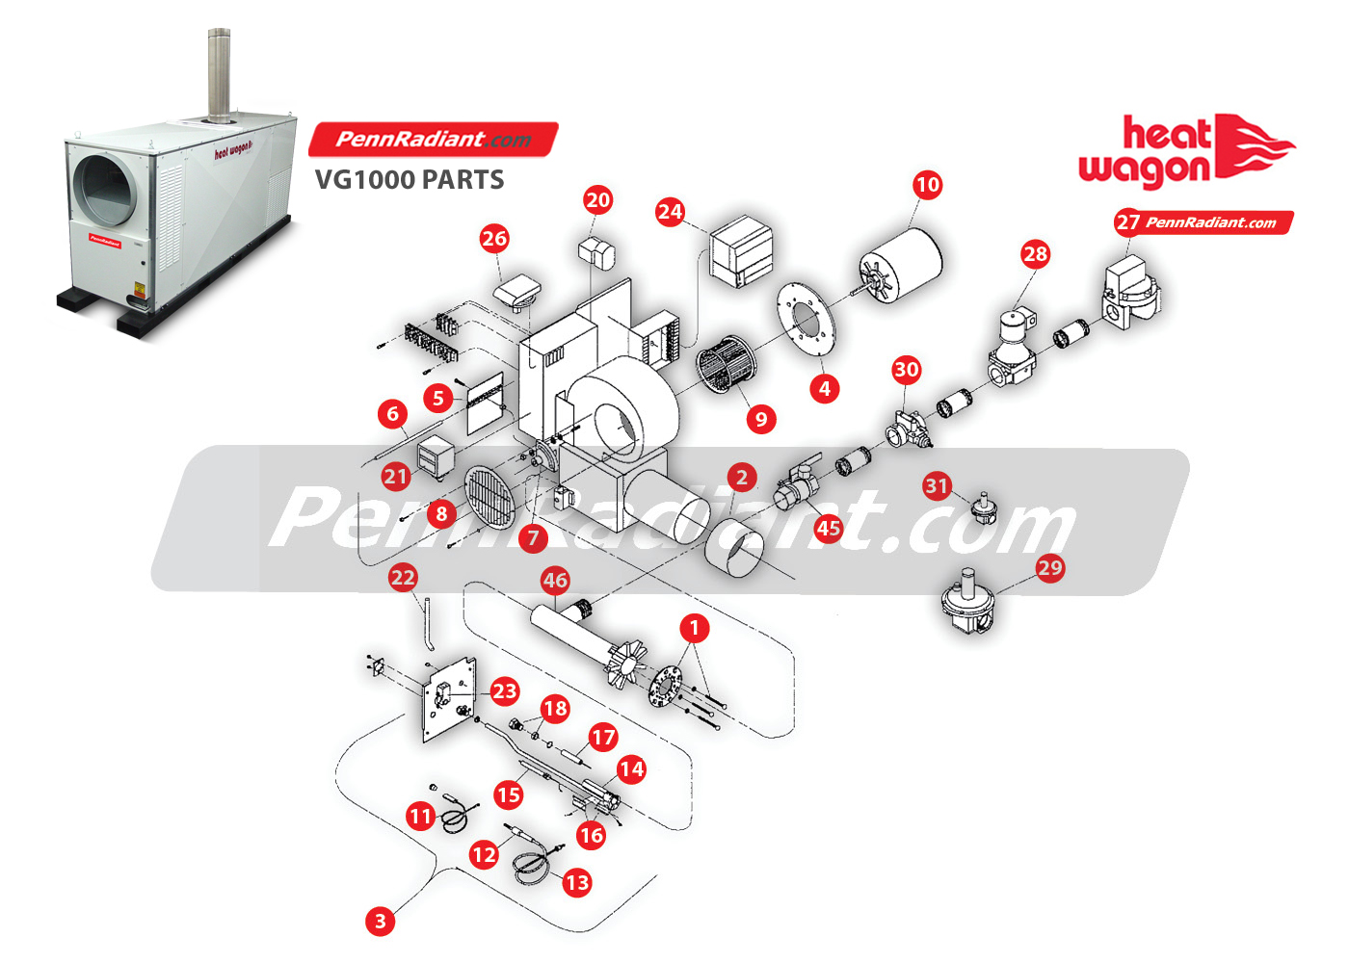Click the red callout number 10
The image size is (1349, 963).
click(927, 185)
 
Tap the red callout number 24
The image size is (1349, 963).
click(671, 212)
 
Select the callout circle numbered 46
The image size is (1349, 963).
click(555, 580)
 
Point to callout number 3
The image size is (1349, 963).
click(381, 921)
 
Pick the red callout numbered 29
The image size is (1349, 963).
click(1049, 567)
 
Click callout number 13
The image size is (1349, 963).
click(577, 882)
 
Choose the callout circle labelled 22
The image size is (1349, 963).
click(403, 578)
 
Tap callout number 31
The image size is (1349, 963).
click(937, 485)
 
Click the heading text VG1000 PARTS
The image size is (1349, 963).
click(410, 179)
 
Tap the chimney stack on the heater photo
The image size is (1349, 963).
click(220, 75)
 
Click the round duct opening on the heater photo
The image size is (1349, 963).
click(105, 191)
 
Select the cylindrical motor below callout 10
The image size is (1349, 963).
click(901, 266)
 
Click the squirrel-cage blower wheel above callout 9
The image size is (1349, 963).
click(727, 365)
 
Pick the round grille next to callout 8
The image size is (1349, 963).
click(490, 497)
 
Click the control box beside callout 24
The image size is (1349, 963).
click(742, 251)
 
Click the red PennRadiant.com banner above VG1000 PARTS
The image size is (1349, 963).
click(433, 140)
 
